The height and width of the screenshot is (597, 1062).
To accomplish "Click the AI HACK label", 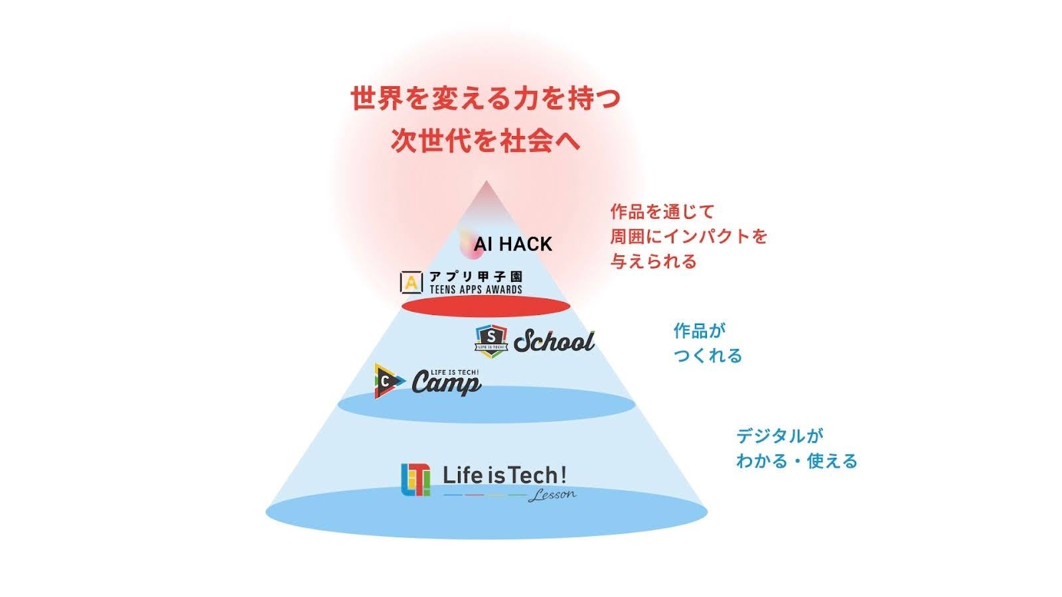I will pyautogui.click(x=512, y=244).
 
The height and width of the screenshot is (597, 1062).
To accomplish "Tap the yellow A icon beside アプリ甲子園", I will pyautogui.click(x=412, y=282).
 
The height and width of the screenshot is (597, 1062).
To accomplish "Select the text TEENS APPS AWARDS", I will pyautogui.click(x=475, y=289).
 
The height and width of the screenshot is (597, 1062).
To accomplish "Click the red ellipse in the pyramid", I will pyautogui.click(x=487, y=306).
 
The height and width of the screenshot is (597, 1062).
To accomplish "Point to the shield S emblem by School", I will pyautogui.click(x=492, y=341).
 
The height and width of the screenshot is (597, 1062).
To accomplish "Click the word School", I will pyautogui.click(x=554, y=342).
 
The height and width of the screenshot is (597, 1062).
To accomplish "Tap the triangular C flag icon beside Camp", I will pyautogui.click(x=389, y=381).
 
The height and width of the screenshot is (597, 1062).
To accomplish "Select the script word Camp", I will pyautogui.click(x=446, y=383).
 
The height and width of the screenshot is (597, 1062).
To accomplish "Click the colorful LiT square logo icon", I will pyautogui.click(x=416, y=480).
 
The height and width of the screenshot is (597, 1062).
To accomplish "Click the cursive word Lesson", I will pyautogui.click(x=552, y=495).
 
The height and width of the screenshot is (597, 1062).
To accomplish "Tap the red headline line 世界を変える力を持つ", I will pyautogui.click(x=486, y=99).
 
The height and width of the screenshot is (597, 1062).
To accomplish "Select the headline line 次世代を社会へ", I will pyautogui.click(x=486, y=141).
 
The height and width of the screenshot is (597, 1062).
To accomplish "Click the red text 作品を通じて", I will pyautogui.click(x=662, y=212).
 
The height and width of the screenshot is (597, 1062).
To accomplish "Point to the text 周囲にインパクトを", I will pyautogui.click(x=688, y=236).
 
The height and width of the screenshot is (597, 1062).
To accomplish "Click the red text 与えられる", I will pyautogui.click(x=653, y=261).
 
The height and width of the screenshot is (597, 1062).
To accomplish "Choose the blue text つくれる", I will pyautogui.click(x=708, y=356).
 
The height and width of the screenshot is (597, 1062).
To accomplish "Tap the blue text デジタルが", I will pyautogui.click(x=779, y=436).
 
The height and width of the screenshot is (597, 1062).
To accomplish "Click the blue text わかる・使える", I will pyautogui.click(x=796, y=460).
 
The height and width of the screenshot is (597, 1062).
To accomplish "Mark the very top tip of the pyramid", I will pyautogui.click(x=487, y=181).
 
